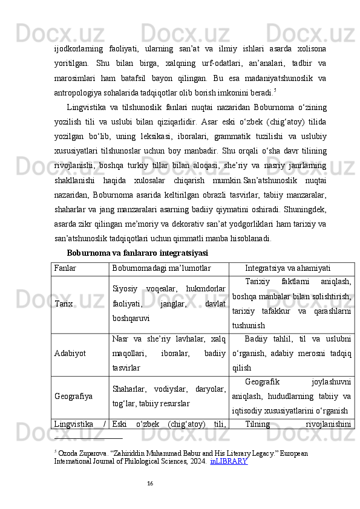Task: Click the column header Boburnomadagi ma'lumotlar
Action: coord(160,267)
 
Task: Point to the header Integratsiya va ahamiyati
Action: coord(291,267)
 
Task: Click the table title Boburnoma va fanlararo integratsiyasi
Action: coord(137,251)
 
